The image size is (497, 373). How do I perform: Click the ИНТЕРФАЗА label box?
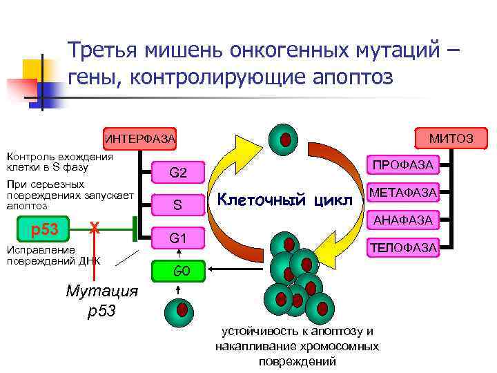tap(139, 139)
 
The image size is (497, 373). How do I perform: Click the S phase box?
tap(177, 205)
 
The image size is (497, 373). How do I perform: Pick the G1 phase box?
tap(177, 238)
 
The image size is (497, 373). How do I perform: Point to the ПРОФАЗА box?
tap(403, 166)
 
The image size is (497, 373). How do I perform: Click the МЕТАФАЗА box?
tap(403, 193)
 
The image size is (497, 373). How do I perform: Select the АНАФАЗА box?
tap(403, 220)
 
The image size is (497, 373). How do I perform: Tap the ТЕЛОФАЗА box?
tap(403, 247)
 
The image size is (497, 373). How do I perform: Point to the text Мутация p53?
tap(101, 300)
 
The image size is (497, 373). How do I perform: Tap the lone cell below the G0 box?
tap(181, 310)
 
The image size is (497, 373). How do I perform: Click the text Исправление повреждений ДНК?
tap(53, 254)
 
